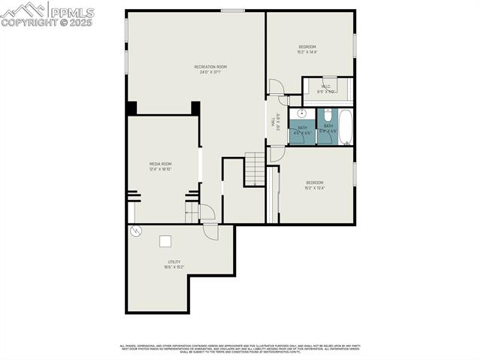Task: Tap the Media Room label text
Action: click(x=160, y=166)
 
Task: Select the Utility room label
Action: click(x=174, y=264)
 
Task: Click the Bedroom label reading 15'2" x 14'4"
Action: click(x=307, y=50)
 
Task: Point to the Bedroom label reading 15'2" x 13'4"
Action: click(x=314, y=185)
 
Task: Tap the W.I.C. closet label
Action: click(x=326, y=89)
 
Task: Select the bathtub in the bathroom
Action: click(x=346, y=126)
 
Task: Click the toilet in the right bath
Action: click(x=328, y=116)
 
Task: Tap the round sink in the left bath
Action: click(x=302, y=115)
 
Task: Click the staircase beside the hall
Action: click(x=255, y=169)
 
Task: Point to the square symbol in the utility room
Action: click(x=165, y=241)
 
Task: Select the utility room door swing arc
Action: click(x=210, y=232)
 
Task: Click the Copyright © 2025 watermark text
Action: click(x=47, y=23)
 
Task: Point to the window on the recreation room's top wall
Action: click(x=233, y=10)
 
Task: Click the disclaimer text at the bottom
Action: click(x=240, y=349)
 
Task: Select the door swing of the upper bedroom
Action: click(x=276, y=86)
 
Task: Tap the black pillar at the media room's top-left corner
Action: click(x=132, y=107)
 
